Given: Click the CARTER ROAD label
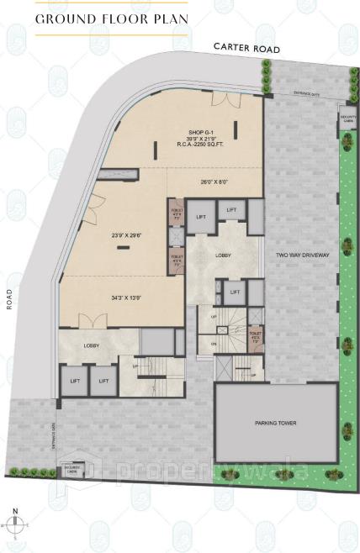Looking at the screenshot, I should click(x=246, y=50).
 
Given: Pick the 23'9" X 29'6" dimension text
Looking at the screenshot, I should click(x=126, y=236).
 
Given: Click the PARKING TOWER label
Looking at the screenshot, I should click(x=277, y=423).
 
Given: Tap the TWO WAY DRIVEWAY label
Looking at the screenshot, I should click(x=301, y=253).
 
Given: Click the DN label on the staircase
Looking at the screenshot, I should click(x=214, y=344).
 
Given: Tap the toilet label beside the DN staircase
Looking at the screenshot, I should click(x=255, y=337).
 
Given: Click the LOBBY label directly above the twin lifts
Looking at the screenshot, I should click(x=91, y=345).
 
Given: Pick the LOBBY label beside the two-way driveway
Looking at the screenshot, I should click(x=223, y=255).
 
